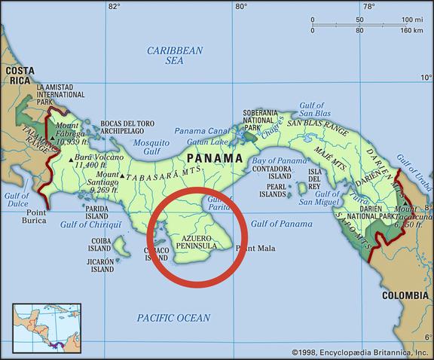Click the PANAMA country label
[x=215, y=158]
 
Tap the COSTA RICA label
[x=20, y=75]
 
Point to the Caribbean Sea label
[x=175, y=55]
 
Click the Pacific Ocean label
[x=173, y=318]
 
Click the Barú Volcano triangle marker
[x=71, y=160]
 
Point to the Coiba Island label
[x=100, y=246]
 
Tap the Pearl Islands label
[x=276, y=189]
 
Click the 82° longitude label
[x=114, y=7]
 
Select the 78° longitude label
[x=368, y=7]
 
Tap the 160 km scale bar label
[x=412, y=30]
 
